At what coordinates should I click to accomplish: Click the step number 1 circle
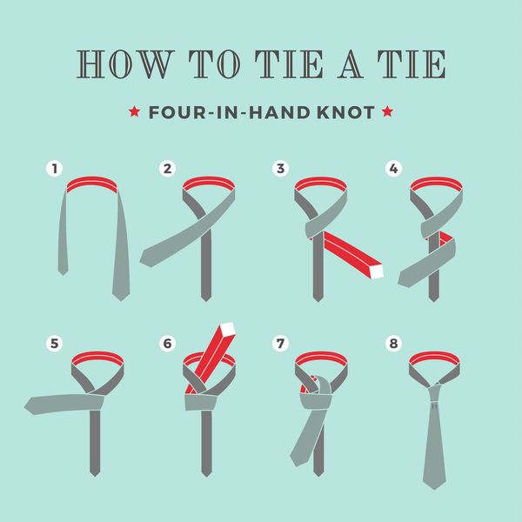click(x=55, y=169)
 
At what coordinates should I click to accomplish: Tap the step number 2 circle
click(x=167, y=169)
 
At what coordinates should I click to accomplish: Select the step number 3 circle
click(x=280, y=169)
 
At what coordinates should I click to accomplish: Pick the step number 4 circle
click(x=393, y=169)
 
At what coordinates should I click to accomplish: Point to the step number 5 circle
click(x=55, y=344)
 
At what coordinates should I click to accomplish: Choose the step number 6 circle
click(x=167, y=344)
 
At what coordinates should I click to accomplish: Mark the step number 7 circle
click(x=280, y=344)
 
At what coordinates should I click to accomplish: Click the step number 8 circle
click(x=393, y=344)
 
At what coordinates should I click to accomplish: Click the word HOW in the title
click(x=125, y=64)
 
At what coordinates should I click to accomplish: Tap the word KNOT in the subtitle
click(x=345, y=112)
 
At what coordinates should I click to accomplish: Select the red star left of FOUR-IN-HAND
click(x=134, y=111)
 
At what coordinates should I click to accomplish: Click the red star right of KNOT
click(x=387, y=111)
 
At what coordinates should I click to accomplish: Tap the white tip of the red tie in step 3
click(x=377, y=271)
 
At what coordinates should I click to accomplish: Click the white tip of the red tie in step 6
click(x=228, y=329)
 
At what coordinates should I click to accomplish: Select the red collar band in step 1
click(x=92, y=184)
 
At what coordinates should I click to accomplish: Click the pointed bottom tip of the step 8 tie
click(x=434, y=489)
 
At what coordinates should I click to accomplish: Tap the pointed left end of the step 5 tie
click(x=25, y=406)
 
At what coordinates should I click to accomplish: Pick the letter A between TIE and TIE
click(x=350, y=64)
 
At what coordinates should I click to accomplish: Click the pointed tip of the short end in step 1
click(x=63, y=275)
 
